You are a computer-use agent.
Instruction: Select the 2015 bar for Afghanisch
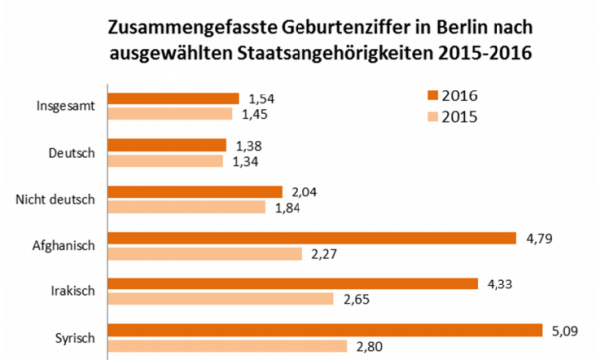pos(205,254)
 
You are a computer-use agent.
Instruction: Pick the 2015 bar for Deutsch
pos(166,161)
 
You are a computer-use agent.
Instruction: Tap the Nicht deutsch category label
pos(56,199)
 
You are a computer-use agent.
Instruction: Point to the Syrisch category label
pos(73,338)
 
